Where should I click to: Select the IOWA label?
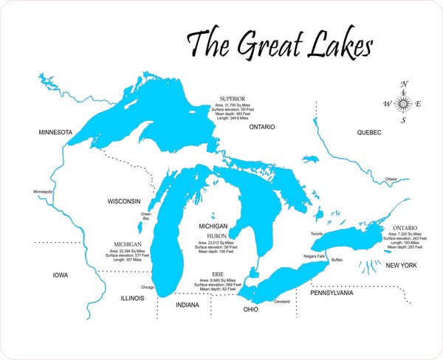pyautogui.click(x=60, y=275)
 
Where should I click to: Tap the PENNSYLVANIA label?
pyautogui.click(x=331, y=293)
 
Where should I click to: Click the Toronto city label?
pyautogui.click(x=317, y=234)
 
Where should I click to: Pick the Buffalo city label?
pyautogui.click(x=337, y=260)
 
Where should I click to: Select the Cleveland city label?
pyautogui.click(x=282, y=302)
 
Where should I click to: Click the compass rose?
pyautogui.click(x=403, y=103)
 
